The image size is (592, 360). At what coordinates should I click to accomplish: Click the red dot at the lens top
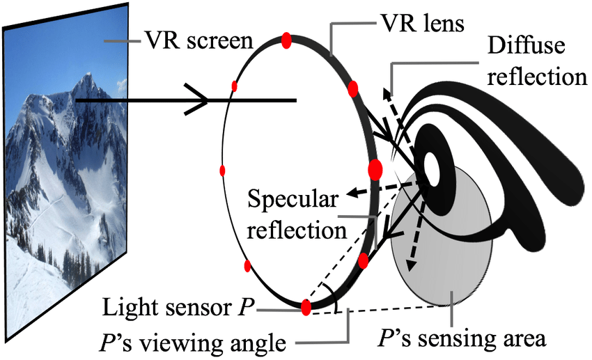coord(286,40)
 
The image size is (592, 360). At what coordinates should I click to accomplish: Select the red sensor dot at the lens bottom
coord(306,307)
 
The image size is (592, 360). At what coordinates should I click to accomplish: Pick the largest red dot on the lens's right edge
coord(375,169)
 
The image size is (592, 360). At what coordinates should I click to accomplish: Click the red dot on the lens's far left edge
coord(223,171)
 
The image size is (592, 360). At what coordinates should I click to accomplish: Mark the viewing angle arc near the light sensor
coord(337,306)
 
